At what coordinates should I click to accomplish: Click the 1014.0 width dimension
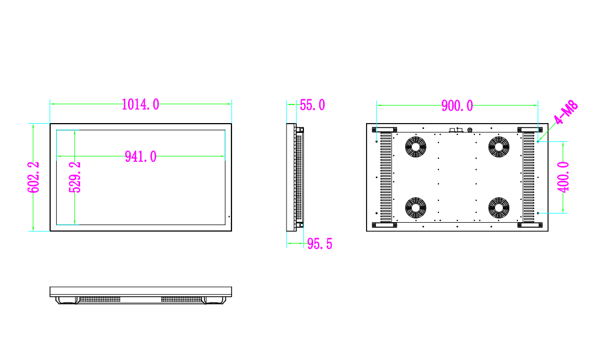click(x=141, y=105)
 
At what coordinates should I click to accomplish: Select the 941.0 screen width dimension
click(x=141, y=157)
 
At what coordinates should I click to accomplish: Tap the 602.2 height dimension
click(x=34, y=177)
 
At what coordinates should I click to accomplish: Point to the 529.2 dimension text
click(x=75, y=177)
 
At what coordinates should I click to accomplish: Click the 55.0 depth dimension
click(x=312, y=105)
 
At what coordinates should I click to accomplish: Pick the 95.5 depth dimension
click(x=319, y=244)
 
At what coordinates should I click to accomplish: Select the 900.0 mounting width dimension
click(x=457, y=106)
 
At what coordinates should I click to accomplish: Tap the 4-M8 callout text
click(x=565, y=113)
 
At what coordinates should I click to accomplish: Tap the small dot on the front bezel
click(x=229, y=217)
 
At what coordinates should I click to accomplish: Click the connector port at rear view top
click(x=454, y=130)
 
